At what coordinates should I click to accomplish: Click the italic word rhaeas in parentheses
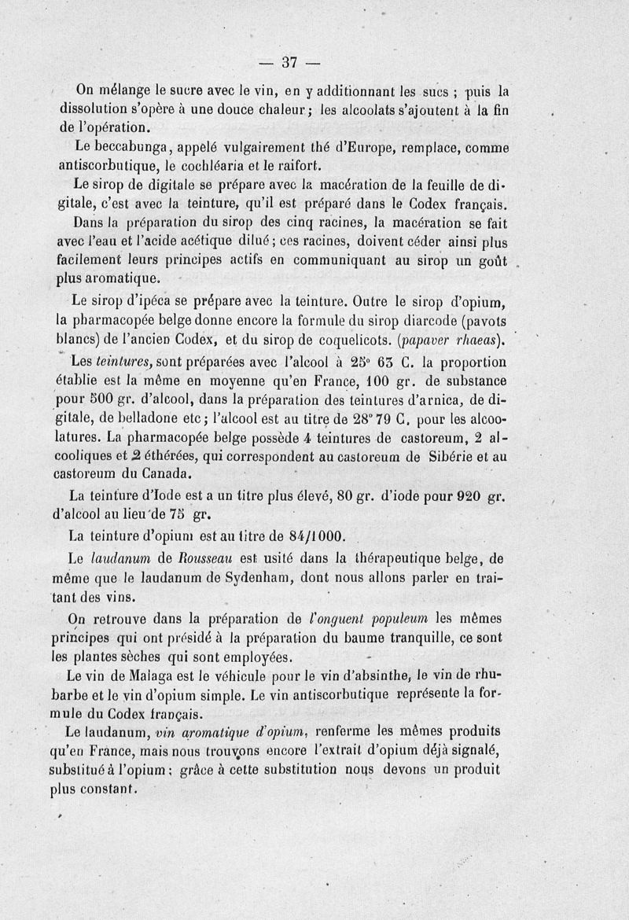click(x=474, y=340)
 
